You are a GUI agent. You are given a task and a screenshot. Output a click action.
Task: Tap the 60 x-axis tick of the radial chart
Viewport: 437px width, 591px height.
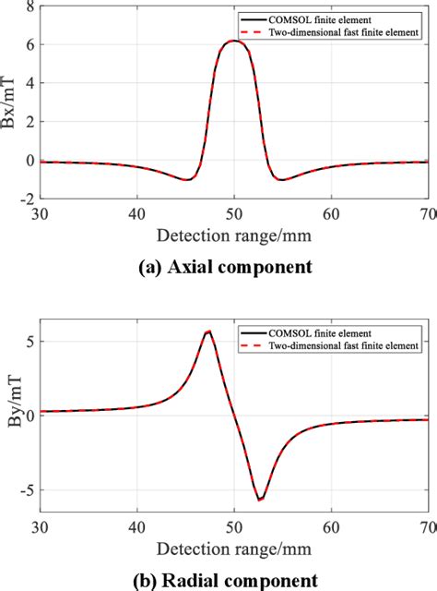coord(331,525)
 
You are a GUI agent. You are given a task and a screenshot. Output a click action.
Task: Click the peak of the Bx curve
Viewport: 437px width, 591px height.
coord(234,41)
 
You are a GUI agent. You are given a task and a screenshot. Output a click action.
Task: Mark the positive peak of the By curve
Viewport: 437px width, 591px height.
coord(209,332)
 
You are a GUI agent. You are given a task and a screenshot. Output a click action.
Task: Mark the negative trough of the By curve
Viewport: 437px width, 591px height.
coord(260,500)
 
